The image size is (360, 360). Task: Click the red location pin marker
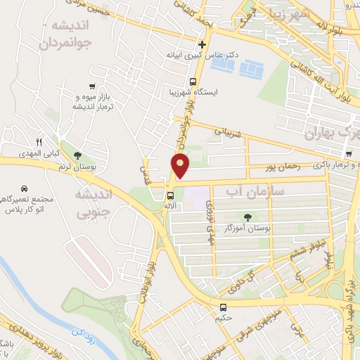[x=181, y=165]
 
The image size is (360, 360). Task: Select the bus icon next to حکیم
[x=223, y=307]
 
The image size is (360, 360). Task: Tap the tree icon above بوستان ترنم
[x=78, y=156]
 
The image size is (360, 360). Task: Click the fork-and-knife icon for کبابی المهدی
[x=40, y=142]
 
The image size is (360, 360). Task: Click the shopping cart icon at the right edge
[x=349, y=154]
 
